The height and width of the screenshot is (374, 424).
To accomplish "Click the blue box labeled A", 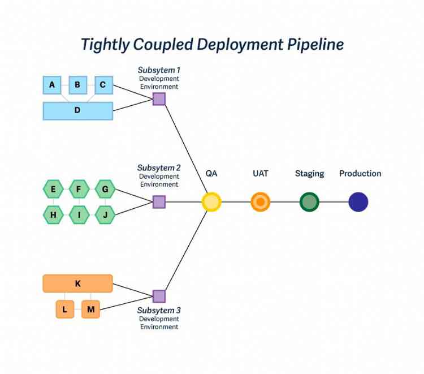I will [52, 85].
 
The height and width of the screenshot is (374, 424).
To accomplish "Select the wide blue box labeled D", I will [78, 110].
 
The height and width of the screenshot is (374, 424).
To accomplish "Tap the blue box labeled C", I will [103, 85].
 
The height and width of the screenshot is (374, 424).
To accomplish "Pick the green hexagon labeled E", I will [53, 189].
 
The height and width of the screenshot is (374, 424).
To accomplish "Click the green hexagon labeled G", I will [105, 189].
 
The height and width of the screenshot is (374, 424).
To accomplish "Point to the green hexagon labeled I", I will [79, 214].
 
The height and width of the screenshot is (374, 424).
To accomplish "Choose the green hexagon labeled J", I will [105, 214].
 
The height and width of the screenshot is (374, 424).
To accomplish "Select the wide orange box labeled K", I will [78, 283].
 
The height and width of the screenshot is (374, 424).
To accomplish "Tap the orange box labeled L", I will [65, 309].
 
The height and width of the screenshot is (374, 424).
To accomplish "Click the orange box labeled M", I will [90, 309].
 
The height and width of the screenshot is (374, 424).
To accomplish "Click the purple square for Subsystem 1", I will [159, 99].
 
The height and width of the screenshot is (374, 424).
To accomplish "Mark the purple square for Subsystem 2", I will [159, 202].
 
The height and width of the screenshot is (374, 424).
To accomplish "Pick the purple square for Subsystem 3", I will [159, 296].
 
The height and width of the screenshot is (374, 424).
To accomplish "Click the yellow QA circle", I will [211, 202].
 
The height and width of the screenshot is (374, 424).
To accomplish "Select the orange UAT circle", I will [261, 202].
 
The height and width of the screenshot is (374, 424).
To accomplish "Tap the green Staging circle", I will [309, 202].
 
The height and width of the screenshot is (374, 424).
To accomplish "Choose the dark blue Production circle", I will [358, 202].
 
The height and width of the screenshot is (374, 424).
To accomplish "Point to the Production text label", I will [360, 174].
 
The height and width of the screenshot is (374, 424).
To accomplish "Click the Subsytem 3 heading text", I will [159, 311].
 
